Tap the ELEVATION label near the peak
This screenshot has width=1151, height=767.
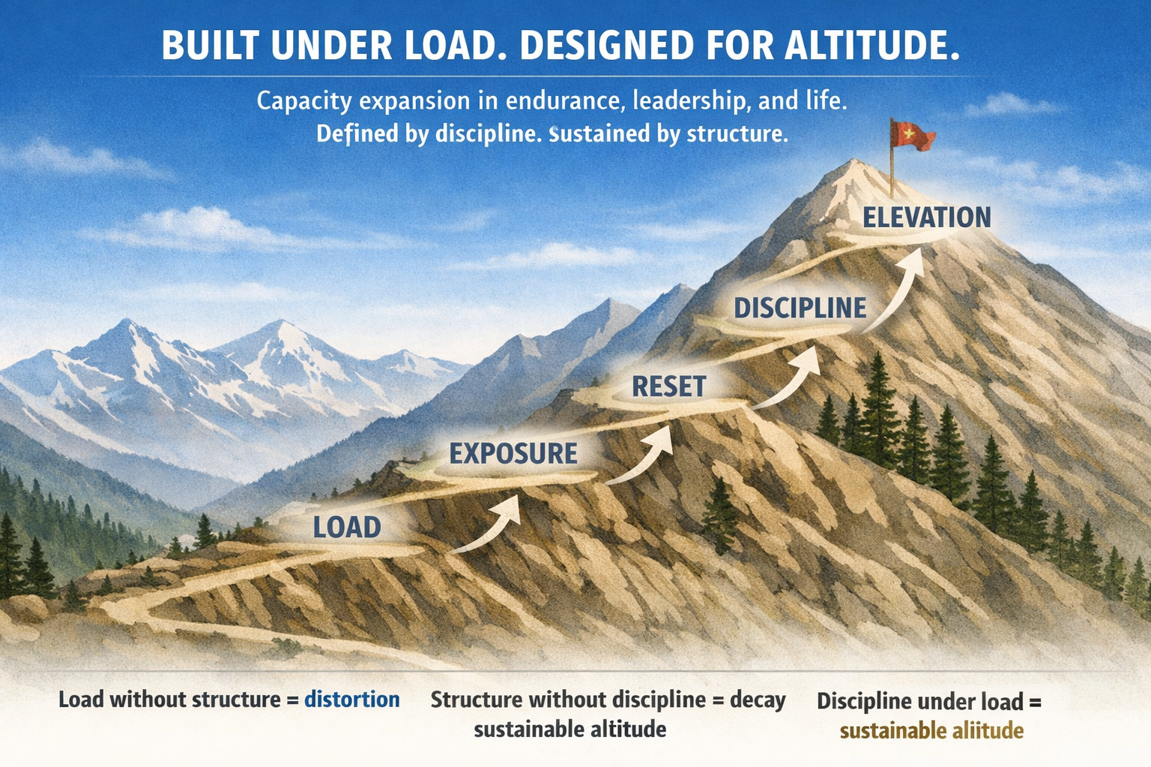point(926,217)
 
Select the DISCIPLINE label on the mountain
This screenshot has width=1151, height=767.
point(800,308)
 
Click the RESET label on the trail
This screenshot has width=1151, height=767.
point(668,386)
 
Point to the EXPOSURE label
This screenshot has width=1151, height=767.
point(513,454)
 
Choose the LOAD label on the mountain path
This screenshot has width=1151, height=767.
point(347,527)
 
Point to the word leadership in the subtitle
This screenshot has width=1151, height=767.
point(689,100)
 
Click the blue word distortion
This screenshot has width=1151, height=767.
point(352,700)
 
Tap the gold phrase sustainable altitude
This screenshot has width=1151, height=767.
point(931,730)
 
